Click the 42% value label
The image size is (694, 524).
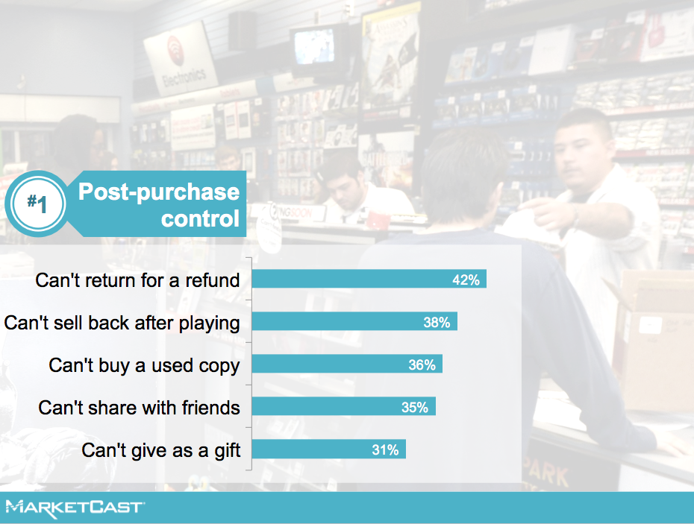click(x=466, y=280)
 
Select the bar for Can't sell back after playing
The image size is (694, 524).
click(x=354, y=321)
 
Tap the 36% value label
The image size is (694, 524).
click(x=422, y=364)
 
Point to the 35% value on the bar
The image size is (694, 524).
click(x=415, y=407)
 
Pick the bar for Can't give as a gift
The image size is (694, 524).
click(x=329, y=449)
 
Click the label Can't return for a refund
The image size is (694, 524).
click(x=137, y=280)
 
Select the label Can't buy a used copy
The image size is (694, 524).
click(x=144, y=366)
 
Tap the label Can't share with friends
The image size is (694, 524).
click(x=139, y=408)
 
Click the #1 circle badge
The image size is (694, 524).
click(x=37, y=203)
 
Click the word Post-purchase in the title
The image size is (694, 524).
click(x=159, y=192)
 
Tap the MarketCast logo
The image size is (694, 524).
click(x=75, y=508)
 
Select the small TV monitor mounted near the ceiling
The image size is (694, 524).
click(x=315, y=47)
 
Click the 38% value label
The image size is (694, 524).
click(x=437, y=322)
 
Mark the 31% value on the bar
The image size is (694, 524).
click(x=385, y=449)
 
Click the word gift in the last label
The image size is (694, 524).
click(x=228, y=451)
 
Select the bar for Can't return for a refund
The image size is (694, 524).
click(x=369, y=279)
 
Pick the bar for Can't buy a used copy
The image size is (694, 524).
click(x=347, y=364)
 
